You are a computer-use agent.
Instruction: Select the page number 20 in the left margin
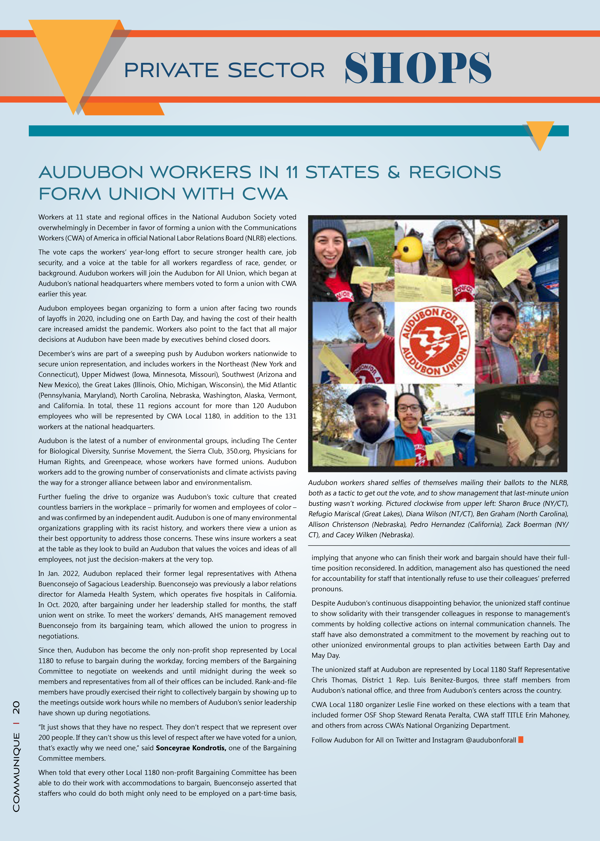point(16,707)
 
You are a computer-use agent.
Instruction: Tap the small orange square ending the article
point(521,740)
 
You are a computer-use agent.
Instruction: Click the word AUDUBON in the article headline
point(91,172)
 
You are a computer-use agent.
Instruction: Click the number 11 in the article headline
point(292,172)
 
